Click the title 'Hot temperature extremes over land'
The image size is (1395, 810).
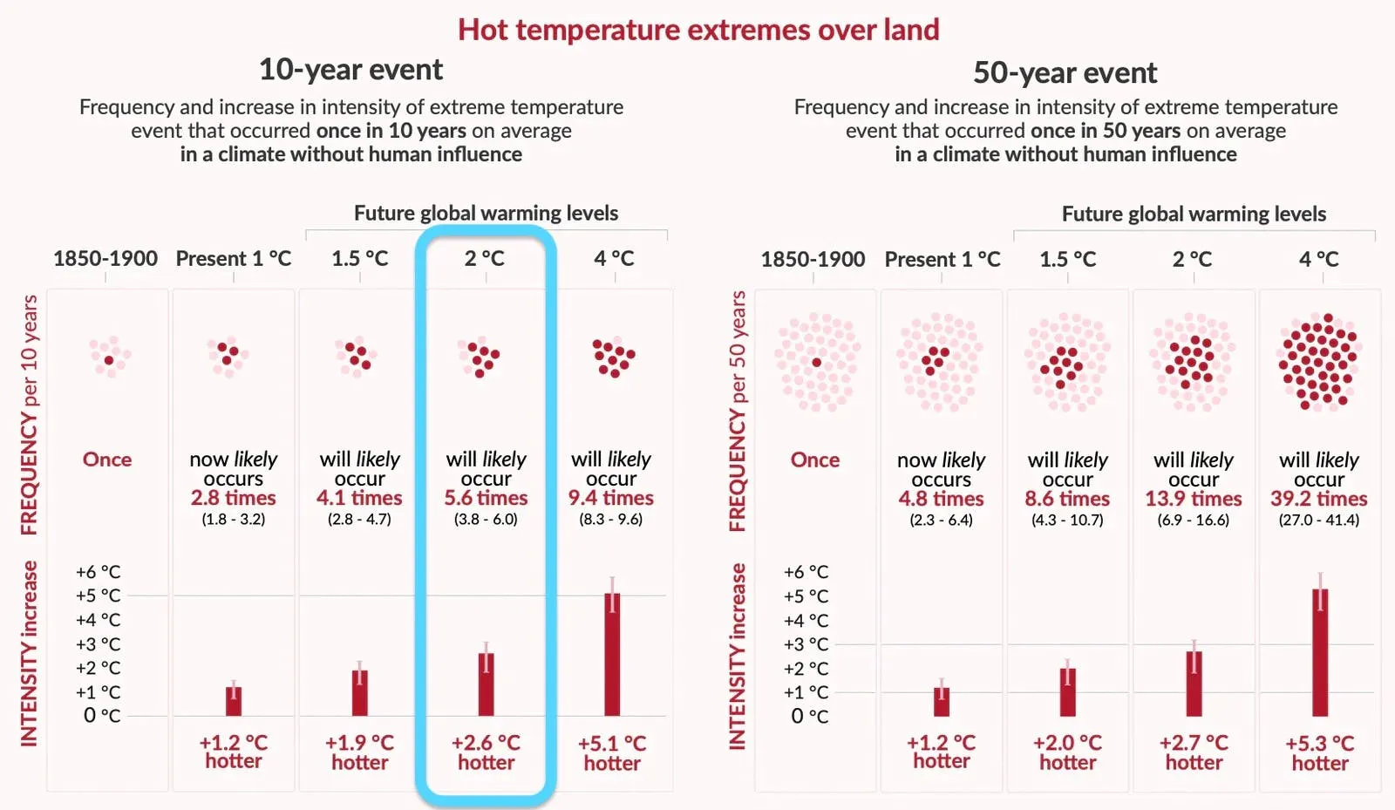698,30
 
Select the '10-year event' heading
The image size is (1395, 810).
350,70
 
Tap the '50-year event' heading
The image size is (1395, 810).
1065,73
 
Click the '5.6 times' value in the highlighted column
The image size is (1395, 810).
486,498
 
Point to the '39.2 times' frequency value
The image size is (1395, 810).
1319,499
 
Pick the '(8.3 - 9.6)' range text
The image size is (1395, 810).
611,520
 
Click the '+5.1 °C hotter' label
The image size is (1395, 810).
612,752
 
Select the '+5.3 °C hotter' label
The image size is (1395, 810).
1320,752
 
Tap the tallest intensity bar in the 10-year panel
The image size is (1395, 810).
612,654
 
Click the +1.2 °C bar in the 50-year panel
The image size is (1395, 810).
942,702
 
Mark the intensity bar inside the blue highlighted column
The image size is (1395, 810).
486,684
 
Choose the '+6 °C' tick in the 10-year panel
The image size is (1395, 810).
98,572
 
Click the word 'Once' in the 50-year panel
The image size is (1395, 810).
814,460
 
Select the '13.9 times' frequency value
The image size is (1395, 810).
1194,499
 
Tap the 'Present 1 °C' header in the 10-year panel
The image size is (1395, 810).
234,258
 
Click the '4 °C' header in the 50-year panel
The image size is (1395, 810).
1319,259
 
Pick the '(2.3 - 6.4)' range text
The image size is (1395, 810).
941,520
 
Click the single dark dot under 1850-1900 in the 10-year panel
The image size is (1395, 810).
109,360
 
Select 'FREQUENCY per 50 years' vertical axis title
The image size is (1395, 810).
738,411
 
